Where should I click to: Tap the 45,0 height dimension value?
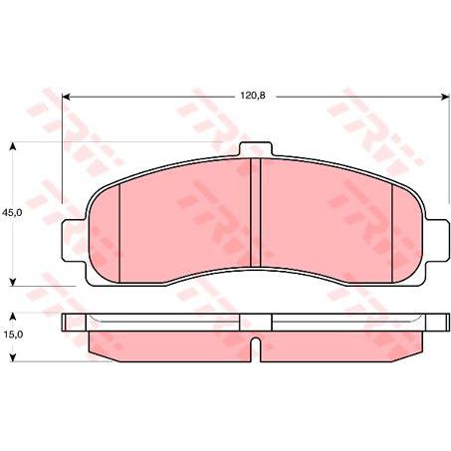click(13, 213)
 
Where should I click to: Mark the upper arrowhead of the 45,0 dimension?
click(13, 146)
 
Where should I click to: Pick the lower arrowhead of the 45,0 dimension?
click(13, 280)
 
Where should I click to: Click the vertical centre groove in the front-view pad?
click(254, 214)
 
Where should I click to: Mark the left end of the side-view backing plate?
click(67, 323)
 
